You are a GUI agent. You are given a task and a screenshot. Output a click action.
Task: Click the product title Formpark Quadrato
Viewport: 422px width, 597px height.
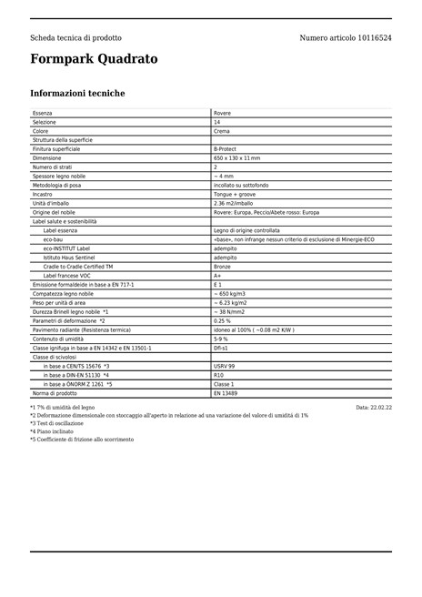pos(94,59)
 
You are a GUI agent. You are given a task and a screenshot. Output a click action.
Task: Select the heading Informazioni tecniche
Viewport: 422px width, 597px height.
pos(77,94)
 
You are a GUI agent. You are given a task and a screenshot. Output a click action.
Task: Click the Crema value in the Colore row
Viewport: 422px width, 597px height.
pos(221,131)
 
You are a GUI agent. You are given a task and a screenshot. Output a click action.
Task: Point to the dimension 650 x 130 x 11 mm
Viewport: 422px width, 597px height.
pos(236,158)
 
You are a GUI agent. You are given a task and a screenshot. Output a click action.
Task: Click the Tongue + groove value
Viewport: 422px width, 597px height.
pos(234,194)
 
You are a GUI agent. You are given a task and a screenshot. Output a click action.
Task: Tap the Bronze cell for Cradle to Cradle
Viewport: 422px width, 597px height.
pos(224,267)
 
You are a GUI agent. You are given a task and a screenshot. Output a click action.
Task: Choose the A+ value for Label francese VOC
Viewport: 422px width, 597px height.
pos(217,276)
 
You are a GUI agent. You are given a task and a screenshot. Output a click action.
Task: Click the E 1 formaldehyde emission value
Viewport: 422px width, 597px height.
pos(217,285)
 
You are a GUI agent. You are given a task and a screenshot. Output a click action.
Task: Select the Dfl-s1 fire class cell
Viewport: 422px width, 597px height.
pos(220,348)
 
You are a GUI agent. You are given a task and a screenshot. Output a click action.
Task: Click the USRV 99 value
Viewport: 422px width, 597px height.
pos(224,366)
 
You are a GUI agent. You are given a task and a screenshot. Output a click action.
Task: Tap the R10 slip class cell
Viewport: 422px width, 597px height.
pos(218,375)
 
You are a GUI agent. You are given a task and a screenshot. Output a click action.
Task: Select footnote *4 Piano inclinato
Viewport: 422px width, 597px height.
pos(52,431)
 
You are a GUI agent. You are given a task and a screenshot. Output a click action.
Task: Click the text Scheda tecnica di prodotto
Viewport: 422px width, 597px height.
pos(75,38)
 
